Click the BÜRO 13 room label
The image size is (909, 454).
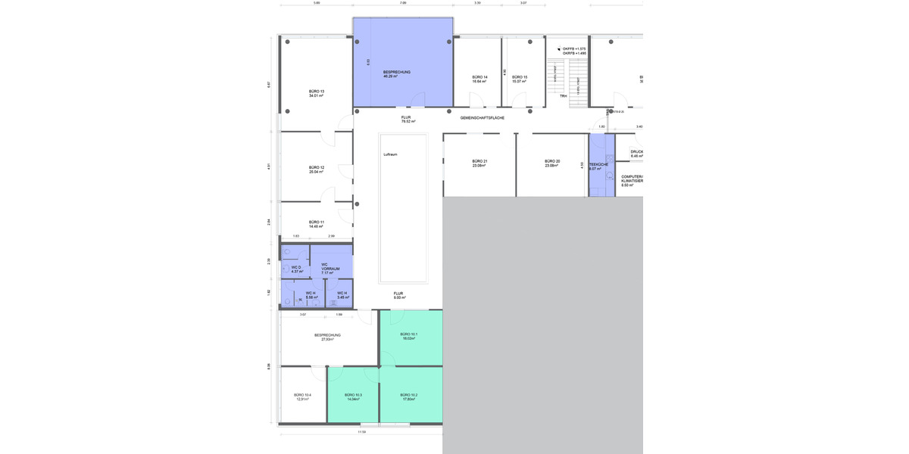[317, 92]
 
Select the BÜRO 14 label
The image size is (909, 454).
[479, 77]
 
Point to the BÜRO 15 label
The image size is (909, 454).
[519, 77]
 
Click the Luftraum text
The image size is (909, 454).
[390, 154]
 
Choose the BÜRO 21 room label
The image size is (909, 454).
[479, 161]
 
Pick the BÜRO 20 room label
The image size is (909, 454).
[552, 161]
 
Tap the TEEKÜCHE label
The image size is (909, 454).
[599, 164]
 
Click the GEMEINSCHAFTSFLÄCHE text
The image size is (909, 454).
[483, 118]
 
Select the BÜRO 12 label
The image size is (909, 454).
[317, 167]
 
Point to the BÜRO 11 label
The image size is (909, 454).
[317, 222]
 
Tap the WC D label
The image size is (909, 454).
[296, 267]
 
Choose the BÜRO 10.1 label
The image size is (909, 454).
[409, 334]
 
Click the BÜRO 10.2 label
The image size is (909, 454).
[409, 395]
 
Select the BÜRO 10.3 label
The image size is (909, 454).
[353, 395]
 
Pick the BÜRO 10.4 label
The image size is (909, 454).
[303, 395]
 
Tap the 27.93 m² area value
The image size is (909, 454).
[327, 340]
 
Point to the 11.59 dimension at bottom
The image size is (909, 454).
[362, 432]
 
